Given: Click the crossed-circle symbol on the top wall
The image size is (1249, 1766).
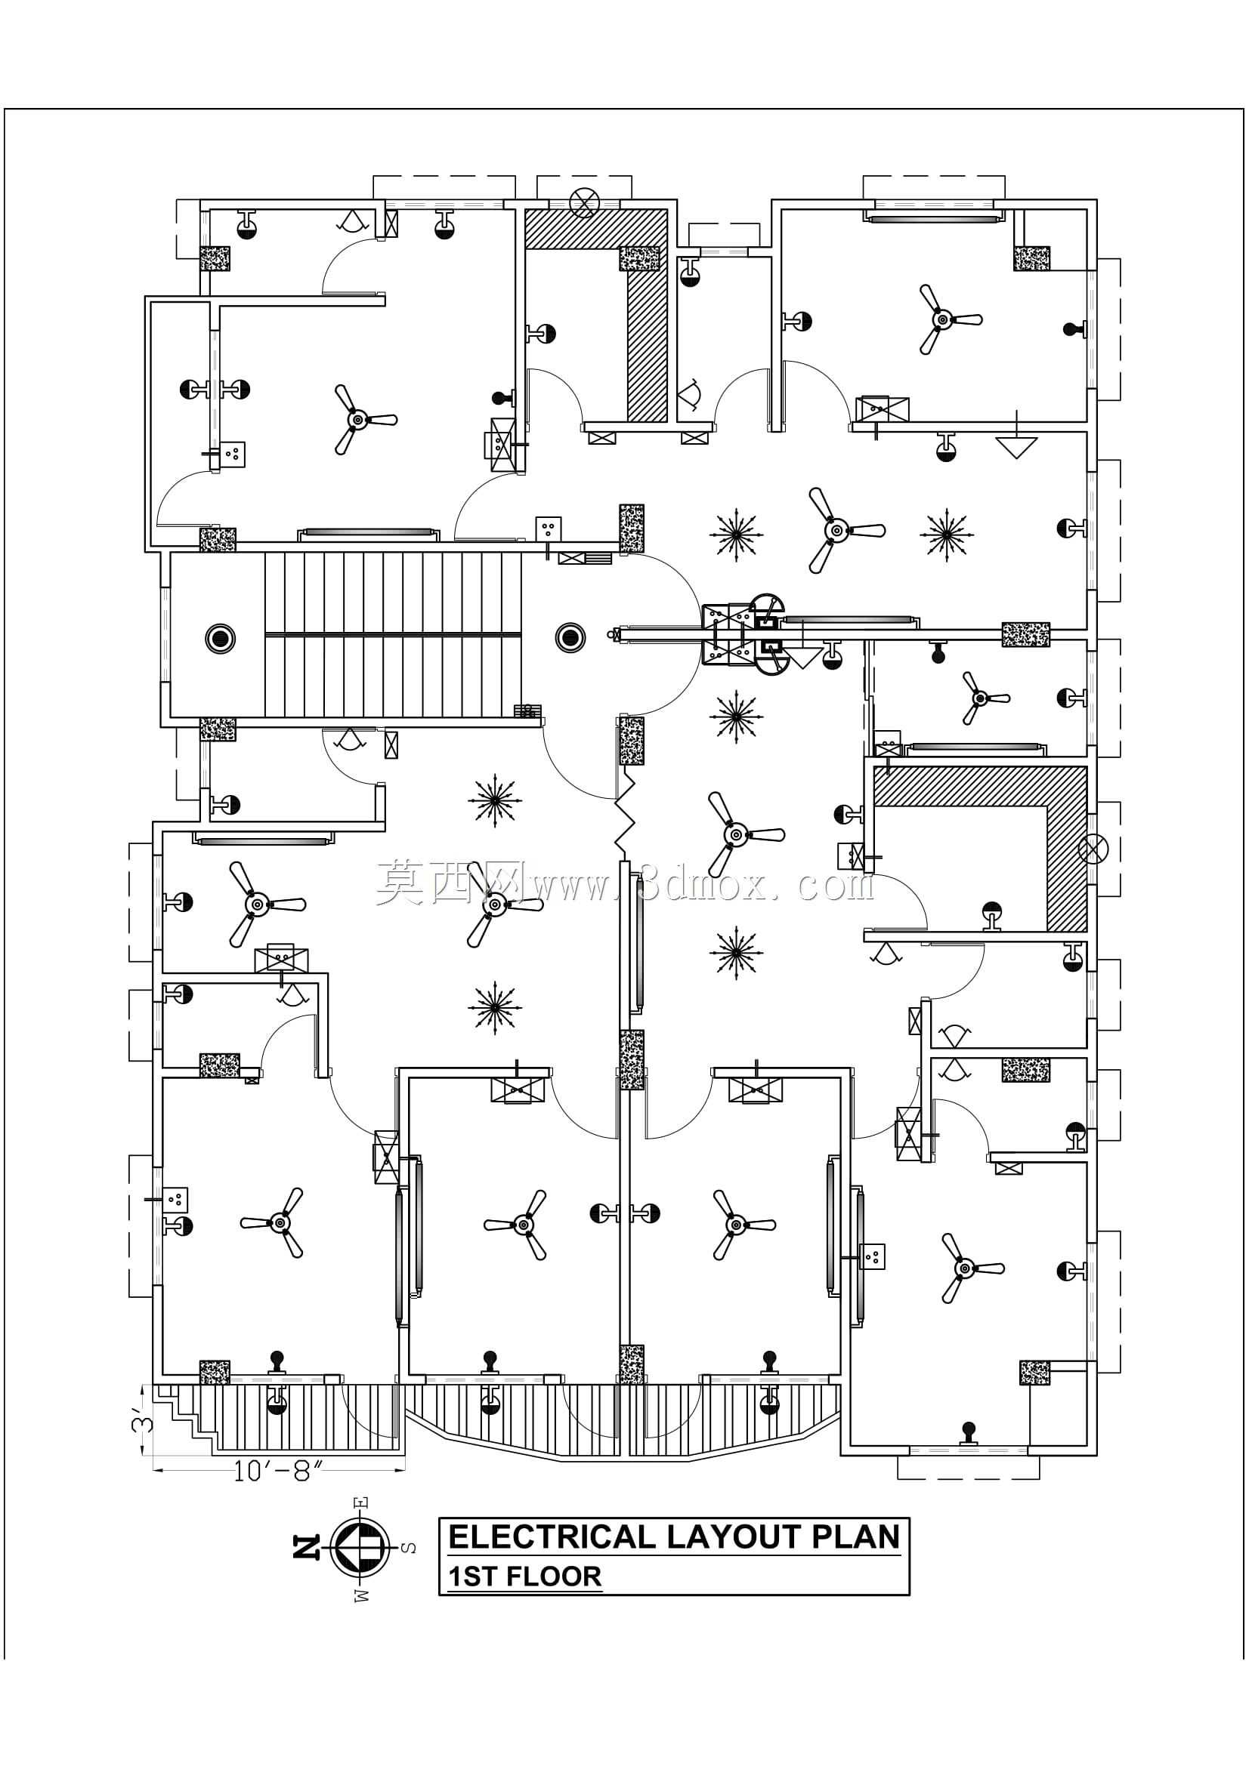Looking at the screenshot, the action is (585, 202).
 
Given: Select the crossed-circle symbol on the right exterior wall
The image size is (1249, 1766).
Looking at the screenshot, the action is (1093, 850).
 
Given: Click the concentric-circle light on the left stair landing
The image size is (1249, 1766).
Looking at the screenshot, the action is (220, 638).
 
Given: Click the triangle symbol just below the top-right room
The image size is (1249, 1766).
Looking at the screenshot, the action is (1016, 447).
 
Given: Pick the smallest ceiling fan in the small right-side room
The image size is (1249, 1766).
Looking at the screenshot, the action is (980, 698).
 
